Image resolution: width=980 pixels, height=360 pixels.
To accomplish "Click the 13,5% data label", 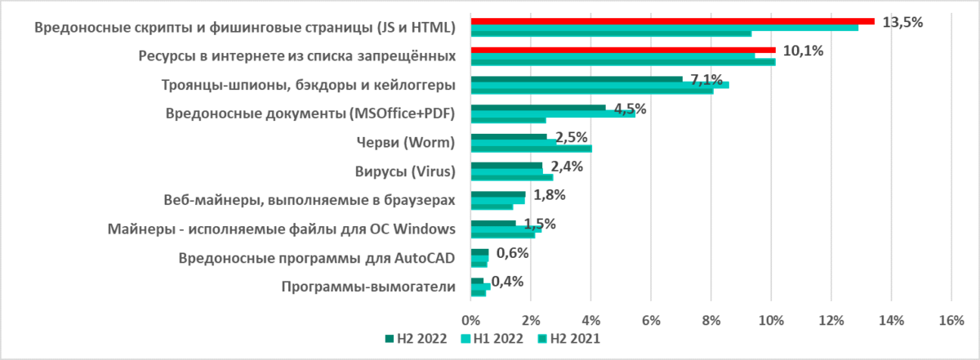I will click(x=902, y=22).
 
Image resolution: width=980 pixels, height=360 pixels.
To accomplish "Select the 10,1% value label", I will click(x=803, y=51).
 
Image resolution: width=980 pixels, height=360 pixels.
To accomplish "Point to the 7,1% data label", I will click(x=706, y=79).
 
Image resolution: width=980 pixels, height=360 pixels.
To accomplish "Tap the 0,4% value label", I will click(x=507, y=281).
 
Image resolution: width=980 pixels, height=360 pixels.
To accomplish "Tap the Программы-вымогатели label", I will click(x=367, y=287).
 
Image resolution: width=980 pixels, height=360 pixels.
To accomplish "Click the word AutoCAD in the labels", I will click(x=425, y=258).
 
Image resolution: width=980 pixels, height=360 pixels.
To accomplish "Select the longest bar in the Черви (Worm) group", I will click(x=531, y=149).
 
